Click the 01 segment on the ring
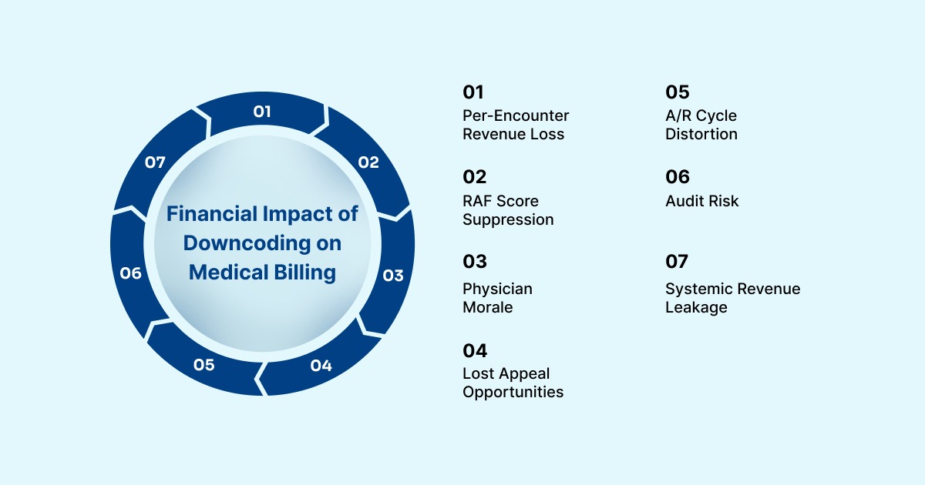pyautogui.click(x=263, y=112)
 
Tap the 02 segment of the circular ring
pyautogui.click(x=368, y=162)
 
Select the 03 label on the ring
pyautogui.click(x=393, y=275)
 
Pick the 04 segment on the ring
pyautogui.click(x=321, y=365)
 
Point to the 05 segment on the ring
pyautogui.click(x=204, y=365)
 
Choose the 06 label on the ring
pyautogui.click(x=131, y=273)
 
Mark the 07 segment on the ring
pyautogui.click(x=156, y=162)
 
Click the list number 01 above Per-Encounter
pyautogui.click(x=473, y=92)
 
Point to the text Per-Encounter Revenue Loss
pyautogui.click(x=515, y=125)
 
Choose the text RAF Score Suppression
pyautogui.click(x=507, y=210)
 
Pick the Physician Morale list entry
pyautogui.click(x=497, y=298)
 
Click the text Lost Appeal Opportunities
pyautogui.click(x=513, y=383)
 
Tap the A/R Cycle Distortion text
pyautogui.click(x=701, y=125)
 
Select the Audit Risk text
pyautogui.click(x=701, y=201)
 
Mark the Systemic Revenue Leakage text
pyautogui.click(x=732, y=298)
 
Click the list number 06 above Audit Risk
pyautogui.click(x=677, y=177)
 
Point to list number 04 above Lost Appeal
pyautogui.click(x=475, y=351)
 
